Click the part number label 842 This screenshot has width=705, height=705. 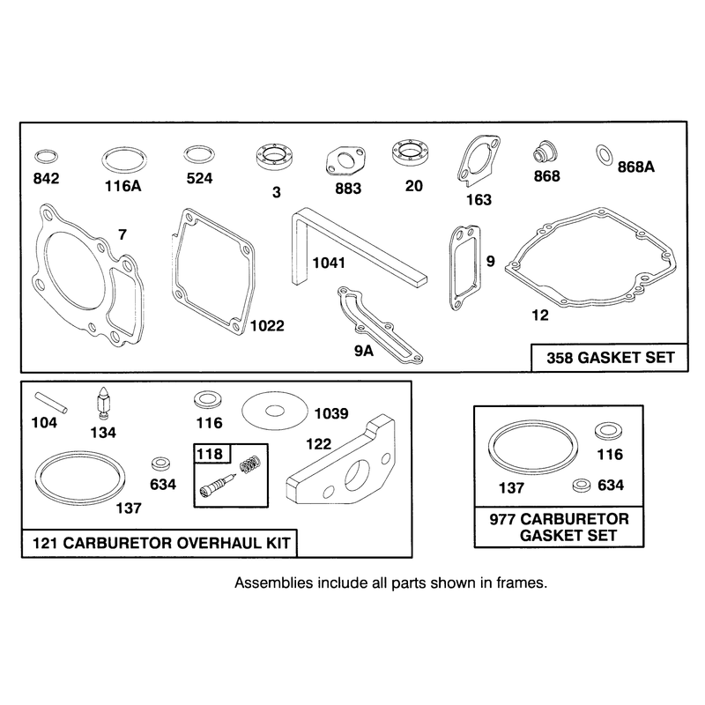(x=47, y=179)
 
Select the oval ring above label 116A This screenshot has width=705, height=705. (x=124, y=149)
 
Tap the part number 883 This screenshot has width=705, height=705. (x=348, y=189)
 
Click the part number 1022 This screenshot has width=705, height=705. (x=267, y=325)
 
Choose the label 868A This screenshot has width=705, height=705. (x=635, y=167)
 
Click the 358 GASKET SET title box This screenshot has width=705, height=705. (x=610, y=358)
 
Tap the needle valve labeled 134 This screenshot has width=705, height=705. (x=104, y=404)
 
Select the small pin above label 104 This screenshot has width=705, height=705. (x=51, y=403)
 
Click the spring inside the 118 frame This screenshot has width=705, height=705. (x=250, y=464)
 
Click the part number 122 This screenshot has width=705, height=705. (x=318, y=444)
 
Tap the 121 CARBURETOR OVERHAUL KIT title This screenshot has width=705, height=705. (x=161, y=543)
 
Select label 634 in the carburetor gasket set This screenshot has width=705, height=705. (x=611, y=486)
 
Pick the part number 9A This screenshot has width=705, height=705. (x=364, y=351)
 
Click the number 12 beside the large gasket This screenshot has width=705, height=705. (x=540, y=315)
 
